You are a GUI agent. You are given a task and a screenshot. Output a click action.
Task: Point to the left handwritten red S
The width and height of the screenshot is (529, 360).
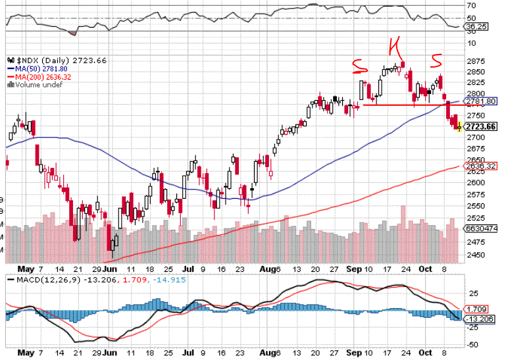(x=359, y=65)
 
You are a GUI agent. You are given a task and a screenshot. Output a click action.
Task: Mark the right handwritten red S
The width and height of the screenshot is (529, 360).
(x=436, y=61)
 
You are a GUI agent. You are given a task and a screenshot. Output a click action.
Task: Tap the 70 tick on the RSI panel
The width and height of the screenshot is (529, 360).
(x=471, y=6)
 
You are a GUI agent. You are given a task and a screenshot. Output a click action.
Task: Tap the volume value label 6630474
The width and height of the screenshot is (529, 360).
(x=478, y=228)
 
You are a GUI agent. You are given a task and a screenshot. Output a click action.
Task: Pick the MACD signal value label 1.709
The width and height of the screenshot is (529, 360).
(x=476, y=309)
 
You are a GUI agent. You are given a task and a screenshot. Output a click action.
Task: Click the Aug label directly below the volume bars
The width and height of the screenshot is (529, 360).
(x=266, y=269)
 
